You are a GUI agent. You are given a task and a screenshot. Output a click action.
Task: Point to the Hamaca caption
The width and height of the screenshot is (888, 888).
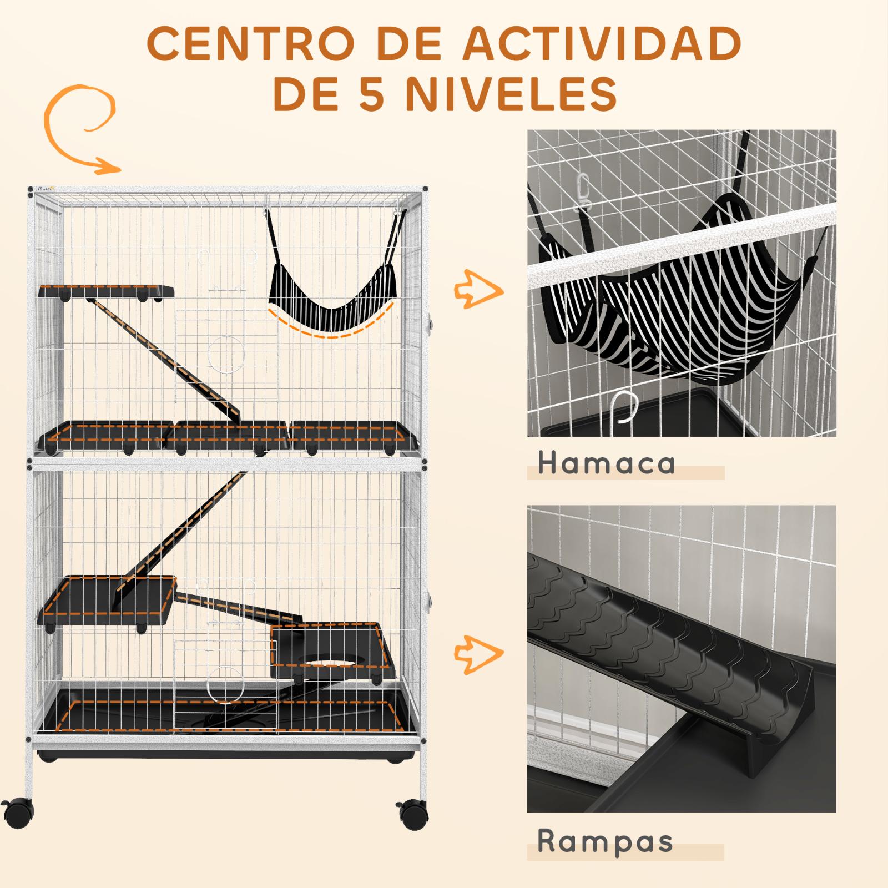pos(607,463)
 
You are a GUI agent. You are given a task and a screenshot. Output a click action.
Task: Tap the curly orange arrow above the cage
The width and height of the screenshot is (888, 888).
pos(80,128)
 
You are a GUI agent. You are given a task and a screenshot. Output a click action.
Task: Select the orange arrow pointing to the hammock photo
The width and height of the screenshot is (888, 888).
pos(478,289)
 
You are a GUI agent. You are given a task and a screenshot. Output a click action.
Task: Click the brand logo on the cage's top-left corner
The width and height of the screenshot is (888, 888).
pos(42,188)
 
